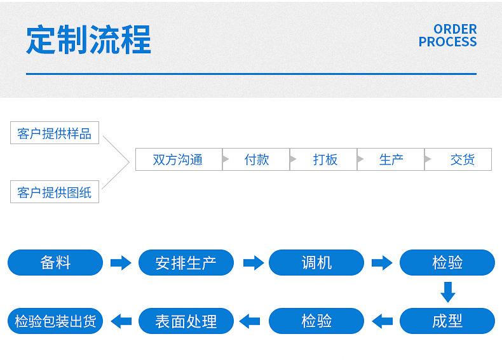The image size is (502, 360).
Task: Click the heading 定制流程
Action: [x=88, y=39]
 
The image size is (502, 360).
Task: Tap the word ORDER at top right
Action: [x=455, y=29]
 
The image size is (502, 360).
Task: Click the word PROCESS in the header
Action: [x=447, y=42]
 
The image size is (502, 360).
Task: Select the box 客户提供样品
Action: [x=55, y=133]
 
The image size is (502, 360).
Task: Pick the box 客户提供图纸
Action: [x=55, y=192]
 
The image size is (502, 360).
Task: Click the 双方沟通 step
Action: [x=179, y=159]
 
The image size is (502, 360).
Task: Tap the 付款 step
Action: [x=256, y=159]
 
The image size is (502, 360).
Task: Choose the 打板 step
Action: [x=323, y=159]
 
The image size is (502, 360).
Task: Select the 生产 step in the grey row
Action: [x=391, y=159]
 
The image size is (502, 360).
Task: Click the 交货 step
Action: [x=458, y=159]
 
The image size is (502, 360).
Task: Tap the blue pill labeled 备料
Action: [x=55, y=262]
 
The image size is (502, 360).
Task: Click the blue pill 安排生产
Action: [x=186, y=262]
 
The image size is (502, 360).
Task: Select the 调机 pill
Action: [x=316, y=262]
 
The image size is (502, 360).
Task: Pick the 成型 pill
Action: [x=447, y=321]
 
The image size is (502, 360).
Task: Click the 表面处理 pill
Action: [x=186, y=321]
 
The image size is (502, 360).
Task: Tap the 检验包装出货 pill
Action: [x=55, y=321]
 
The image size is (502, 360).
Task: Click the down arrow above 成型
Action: [x=448, y=292]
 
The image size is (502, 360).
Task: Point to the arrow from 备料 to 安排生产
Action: [x=121, y=263]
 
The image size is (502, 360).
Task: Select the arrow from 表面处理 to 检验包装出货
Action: [x=121, y=321]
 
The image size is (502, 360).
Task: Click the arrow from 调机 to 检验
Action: [x=382, y=263]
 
